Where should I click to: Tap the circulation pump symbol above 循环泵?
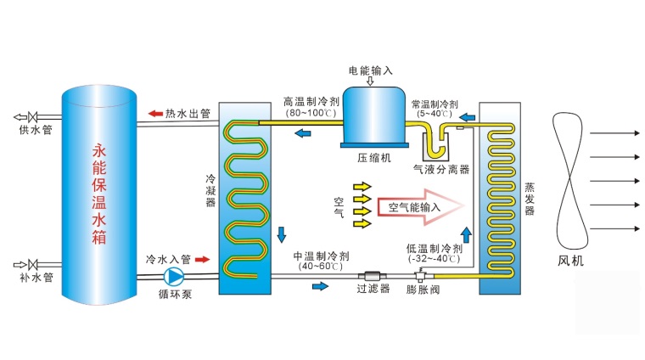[x=174, y=276]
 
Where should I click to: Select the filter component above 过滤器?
[x=372, y=275]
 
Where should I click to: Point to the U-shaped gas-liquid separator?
[x=436, y=140]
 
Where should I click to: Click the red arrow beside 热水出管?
[x=154, y=113]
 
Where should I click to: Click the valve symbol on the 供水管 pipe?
[x=32, y=117]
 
